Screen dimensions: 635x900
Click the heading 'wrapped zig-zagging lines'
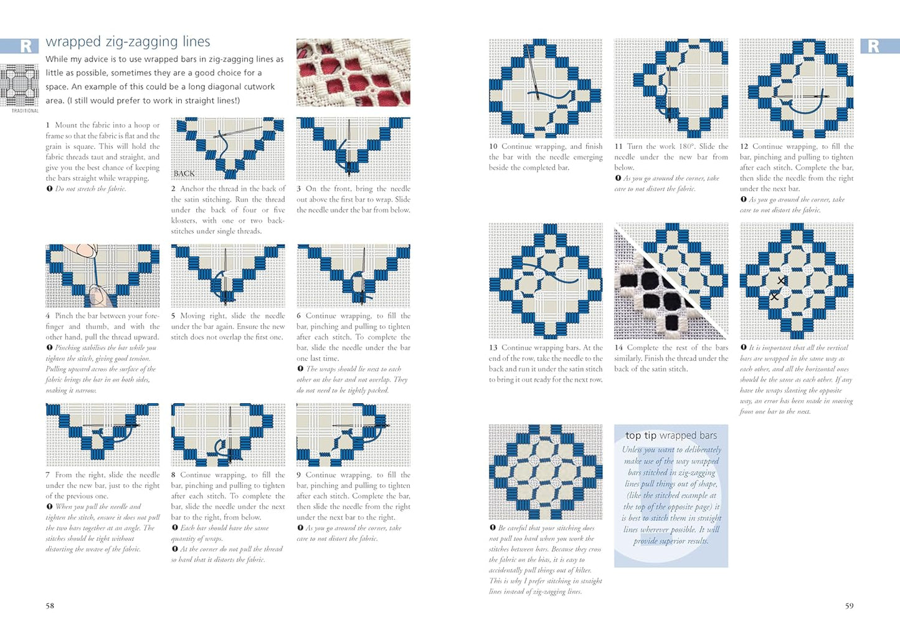pyautogui.click(x=128, y=42)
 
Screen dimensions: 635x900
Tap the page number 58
pyautogui.click(x=50, y=605)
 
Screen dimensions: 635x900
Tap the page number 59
pyautogui.click(x=849, y=605)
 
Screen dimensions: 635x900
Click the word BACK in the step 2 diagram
pyautogui.click(x=184, y=173)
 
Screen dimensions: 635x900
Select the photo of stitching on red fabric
pyautogui.click(x=353, y=72)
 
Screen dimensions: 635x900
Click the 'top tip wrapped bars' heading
pyautogui.click(x=671, y=436)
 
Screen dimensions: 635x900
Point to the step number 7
pyautogui.click(x=47, y=475)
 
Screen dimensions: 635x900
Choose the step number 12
pyautogui.click(x=744, y=146)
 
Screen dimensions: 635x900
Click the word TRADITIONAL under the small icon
pyautogui.click(x=25, y=111)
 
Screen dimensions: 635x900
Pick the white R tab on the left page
pyautogui.click(x=26, y=46)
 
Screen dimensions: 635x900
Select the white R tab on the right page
pyautogui.click(x=873, y=46)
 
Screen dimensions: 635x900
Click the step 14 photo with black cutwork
pyautogui.click(x=671, y=280)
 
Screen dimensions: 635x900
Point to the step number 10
pyautogui.click(x=493, y=146)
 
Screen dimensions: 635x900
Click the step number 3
pyautogui.click(x=299, y=189)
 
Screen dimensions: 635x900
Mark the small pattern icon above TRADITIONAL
pyautogui.click(x=19, y=85)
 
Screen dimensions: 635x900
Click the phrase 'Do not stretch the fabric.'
pyautogui.click(x=90, y=189)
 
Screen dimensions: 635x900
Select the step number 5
pyautogui.click(x=173, y=316)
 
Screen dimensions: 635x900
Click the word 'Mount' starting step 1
pyautogui.click(x=66, y=125)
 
